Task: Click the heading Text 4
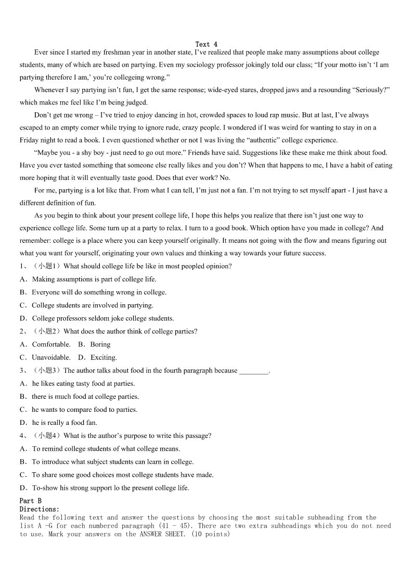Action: (206, 44)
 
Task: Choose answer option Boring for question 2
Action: (100, 344)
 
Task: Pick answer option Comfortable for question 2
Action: (51, 344)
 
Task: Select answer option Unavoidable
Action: (51, 357)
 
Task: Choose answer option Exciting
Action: (104, 357)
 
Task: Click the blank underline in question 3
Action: (253, 371)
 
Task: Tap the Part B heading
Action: (31, 501)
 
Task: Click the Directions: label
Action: (40, 509)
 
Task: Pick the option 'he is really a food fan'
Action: (64, 423)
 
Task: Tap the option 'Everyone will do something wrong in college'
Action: (99, 292)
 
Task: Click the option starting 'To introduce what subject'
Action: (112, 462)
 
